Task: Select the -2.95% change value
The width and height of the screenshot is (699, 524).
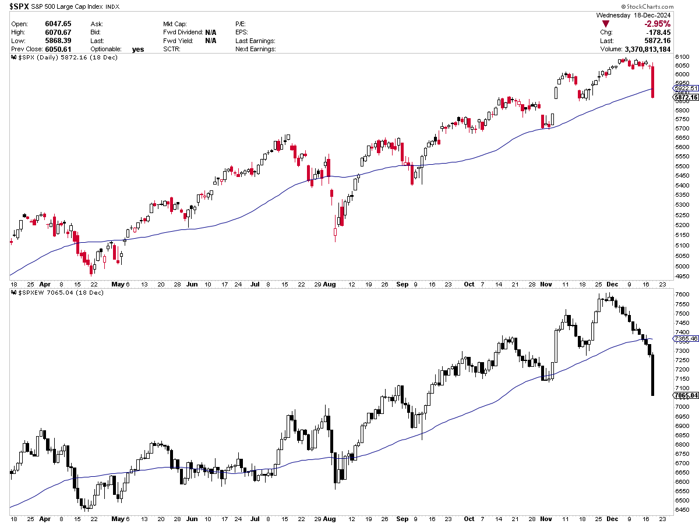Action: [657, 24]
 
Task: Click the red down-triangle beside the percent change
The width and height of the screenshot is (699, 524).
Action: [606, 24]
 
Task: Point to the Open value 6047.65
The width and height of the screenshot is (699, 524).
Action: [59, 24]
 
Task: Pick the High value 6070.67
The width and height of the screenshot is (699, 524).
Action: [59, 32]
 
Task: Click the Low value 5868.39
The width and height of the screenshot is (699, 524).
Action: [59, 41]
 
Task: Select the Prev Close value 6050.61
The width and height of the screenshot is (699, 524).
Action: [59, 49]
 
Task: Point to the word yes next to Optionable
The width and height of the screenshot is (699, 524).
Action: [137, 49]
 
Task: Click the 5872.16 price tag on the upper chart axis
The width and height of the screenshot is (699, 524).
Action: [684, 97]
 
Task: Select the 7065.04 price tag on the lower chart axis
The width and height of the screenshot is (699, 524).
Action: [684, 395]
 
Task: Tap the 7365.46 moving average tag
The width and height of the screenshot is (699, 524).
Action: [684, 338]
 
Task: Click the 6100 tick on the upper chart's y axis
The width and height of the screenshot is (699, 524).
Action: [683, 56]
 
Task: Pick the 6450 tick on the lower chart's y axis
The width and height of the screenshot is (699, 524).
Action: [683, 510]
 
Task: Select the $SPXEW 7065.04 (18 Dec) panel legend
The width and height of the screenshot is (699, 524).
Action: [58, 292]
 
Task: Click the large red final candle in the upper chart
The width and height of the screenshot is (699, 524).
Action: [652, 82]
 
